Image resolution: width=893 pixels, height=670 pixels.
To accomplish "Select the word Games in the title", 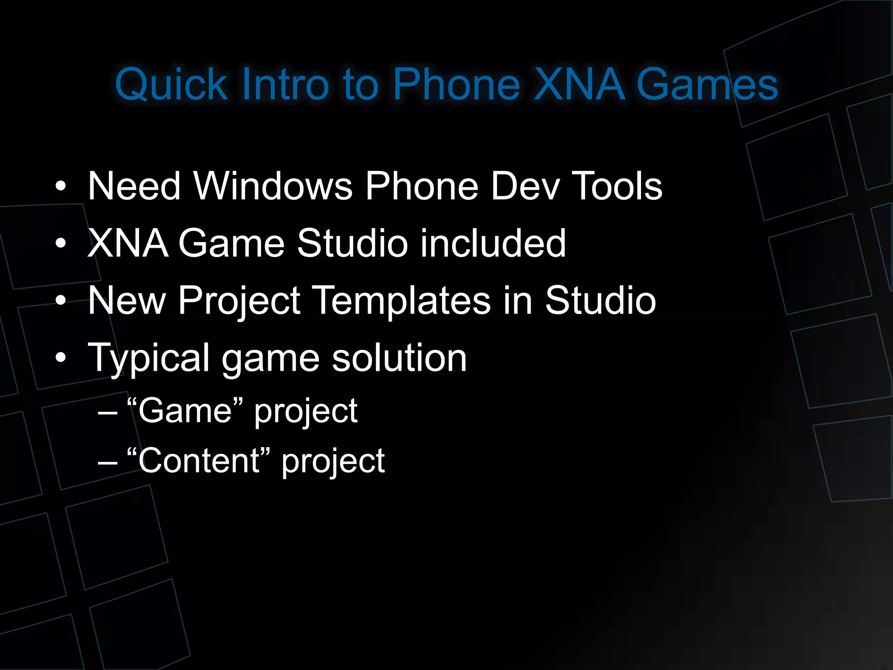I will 707,85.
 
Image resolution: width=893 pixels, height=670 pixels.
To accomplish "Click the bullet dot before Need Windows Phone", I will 61,187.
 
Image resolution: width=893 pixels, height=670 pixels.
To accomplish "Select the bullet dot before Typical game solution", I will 61,358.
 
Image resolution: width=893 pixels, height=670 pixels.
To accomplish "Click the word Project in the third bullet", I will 239,301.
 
